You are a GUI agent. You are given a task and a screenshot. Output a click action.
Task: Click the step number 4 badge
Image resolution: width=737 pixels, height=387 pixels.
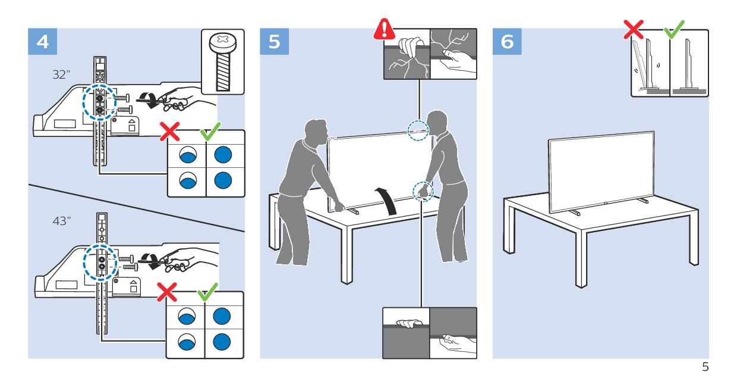coord(42,42)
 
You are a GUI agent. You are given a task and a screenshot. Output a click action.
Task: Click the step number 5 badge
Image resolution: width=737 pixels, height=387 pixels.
coord(275,42)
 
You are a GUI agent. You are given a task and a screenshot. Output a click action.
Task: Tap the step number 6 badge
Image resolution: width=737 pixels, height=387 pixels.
coord(507,42)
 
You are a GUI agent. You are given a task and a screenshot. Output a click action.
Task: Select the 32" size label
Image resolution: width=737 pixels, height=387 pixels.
coord(61,74)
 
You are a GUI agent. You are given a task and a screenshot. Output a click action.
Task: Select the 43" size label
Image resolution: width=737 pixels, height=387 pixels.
coord(62,221)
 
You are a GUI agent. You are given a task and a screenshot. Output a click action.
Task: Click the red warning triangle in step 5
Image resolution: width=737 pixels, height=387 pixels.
coord(384,30)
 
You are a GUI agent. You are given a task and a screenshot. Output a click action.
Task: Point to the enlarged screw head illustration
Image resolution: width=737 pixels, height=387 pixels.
coord(223,63)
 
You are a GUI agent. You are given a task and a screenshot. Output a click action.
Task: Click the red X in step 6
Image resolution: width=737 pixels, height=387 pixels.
coord(634,30)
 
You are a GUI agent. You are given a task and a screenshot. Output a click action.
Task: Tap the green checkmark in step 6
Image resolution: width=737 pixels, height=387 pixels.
coord(674,30)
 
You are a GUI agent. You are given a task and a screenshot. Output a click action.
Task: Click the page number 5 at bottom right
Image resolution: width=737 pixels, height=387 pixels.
coord(705,367)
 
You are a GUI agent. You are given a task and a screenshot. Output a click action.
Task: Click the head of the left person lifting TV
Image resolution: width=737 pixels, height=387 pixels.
coord(316,131)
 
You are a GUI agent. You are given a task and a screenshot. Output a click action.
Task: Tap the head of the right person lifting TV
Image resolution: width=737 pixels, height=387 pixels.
coord(437,123)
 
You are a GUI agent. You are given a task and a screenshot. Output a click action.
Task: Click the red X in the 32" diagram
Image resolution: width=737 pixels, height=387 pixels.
coord(169,132)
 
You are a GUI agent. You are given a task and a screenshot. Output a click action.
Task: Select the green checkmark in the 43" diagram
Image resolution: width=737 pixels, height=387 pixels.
coord(207,292)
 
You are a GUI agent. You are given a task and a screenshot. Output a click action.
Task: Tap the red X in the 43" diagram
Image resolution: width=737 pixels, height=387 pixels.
coord(167,292)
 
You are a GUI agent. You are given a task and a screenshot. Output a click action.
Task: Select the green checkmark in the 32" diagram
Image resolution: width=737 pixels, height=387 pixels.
coord(210,131)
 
